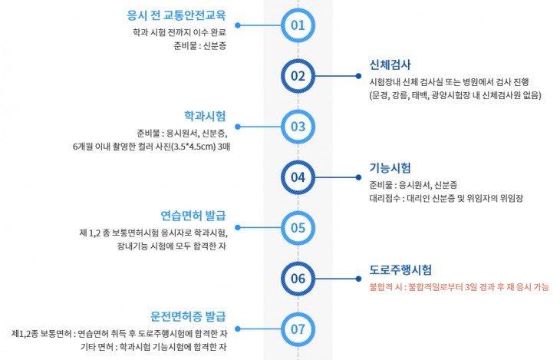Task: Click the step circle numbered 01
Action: tap(298, 25)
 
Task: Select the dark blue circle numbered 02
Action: tap(298, 76)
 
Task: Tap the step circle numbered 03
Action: tap(298, 127)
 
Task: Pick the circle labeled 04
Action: tap(298, 177)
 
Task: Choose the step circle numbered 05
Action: tap(298, 228)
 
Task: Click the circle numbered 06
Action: tap(298, 279)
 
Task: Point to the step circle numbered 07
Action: tap(298, 329)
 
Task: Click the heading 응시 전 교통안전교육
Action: tap(176, 15)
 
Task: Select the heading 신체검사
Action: tap(390, 64)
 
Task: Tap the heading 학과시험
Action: tap(205, 116)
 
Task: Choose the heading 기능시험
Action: tap(390, 167)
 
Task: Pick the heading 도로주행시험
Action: tap(400, 269)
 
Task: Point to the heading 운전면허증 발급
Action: tap(188, 316)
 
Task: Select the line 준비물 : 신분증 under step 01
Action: tap(199, 45)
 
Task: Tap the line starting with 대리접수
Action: tap(446, 198)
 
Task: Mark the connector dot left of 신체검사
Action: tap(359, 76)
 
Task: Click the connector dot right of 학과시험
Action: tap(238, 127)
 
